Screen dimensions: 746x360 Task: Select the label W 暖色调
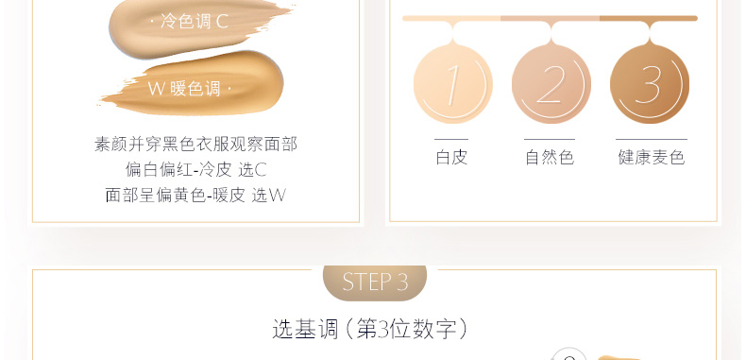coord(184,89)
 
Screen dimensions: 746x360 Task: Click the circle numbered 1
coord(452,84)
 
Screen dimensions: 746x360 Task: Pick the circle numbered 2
coord(551,84)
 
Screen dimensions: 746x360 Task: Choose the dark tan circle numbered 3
coord(650,84)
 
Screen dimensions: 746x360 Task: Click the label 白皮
coord(451,157)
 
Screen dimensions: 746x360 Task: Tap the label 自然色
coord(550,157)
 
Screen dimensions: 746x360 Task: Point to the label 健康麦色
coord(652,157)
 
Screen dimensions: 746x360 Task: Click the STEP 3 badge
coord(375,283)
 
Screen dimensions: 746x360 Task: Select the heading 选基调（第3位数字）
coord(371,329)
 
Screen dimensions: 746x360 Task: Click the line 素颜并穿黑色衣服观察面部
coord(196,144)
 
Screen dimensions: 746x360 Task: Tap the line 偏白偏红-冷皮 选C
coord(196,169)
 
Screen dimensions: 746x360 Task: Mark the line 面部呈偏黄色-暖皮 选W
coord(195,195)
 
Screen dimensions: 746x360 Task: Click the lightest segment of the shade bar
coord(451,19)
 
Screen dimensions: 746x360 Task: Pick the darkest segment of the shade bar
coord(649,19)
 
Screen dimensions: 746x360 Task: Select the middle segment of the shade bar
coord(550,19)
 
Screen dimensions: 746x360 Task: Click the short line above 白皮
coord(451,140)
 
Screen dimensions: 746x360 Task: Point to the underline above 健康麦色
coord(652,140)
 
